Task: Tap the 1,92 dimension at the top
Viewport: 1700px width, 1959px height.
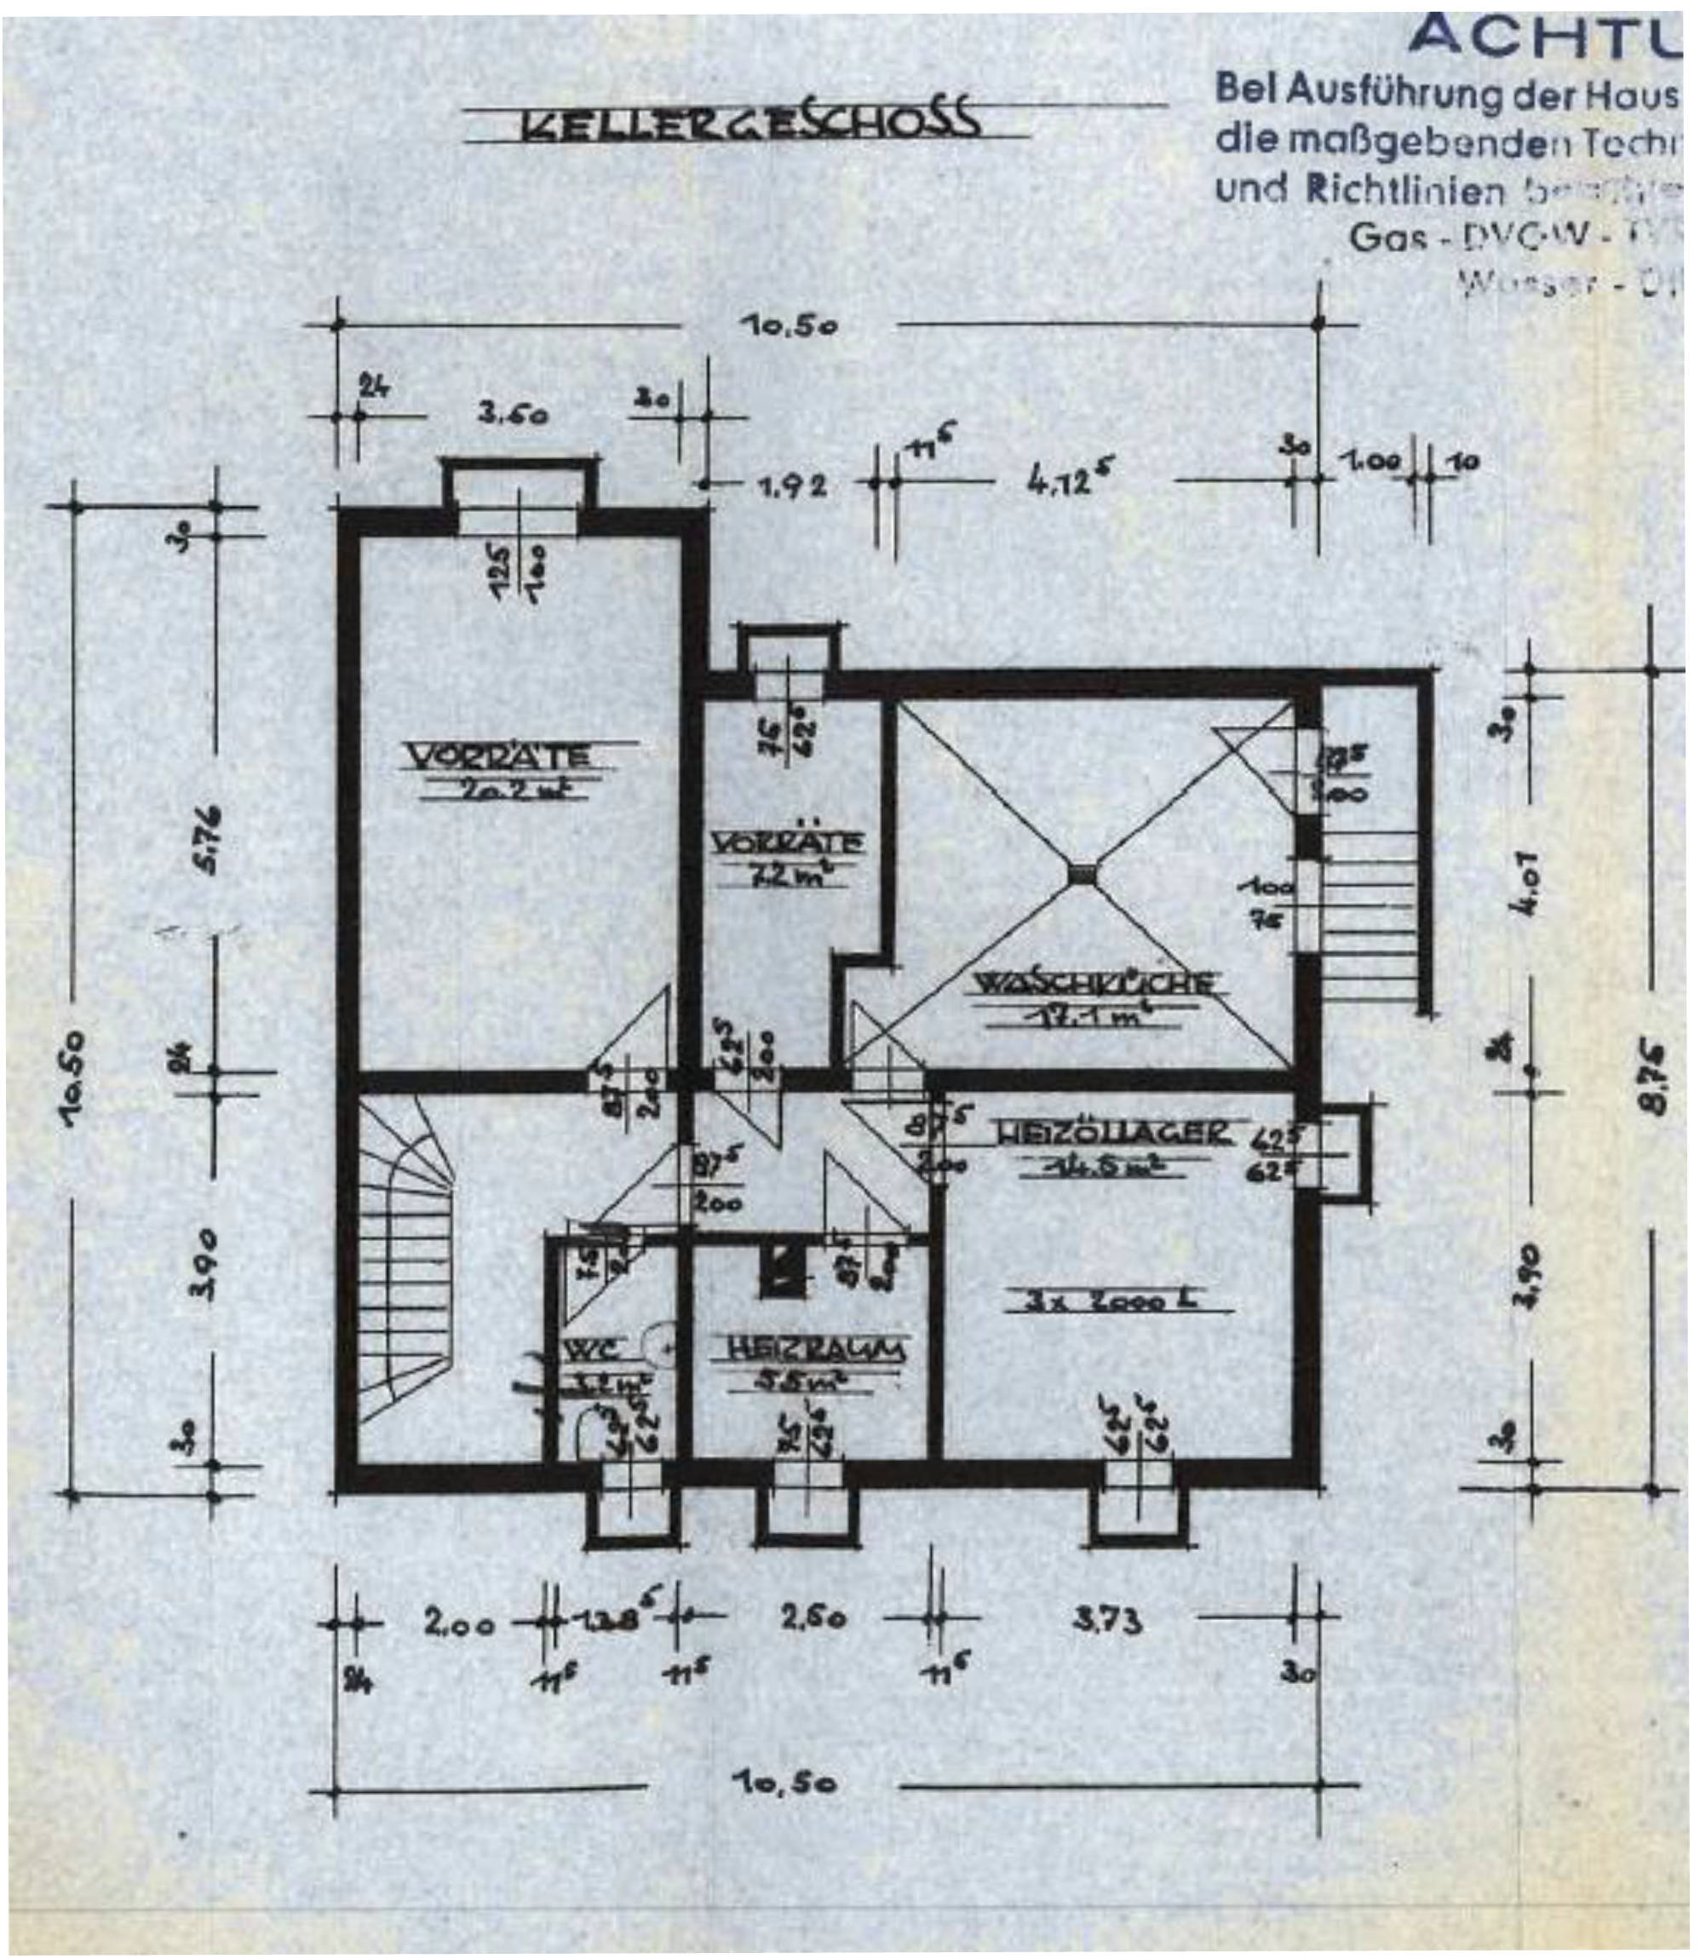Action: (792, 485)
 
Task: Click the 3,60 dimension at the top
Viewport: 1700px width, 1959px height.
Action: (514, 415)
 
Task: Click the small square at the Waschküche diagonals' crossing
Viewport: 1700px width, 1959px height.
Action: (1083, 873)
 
